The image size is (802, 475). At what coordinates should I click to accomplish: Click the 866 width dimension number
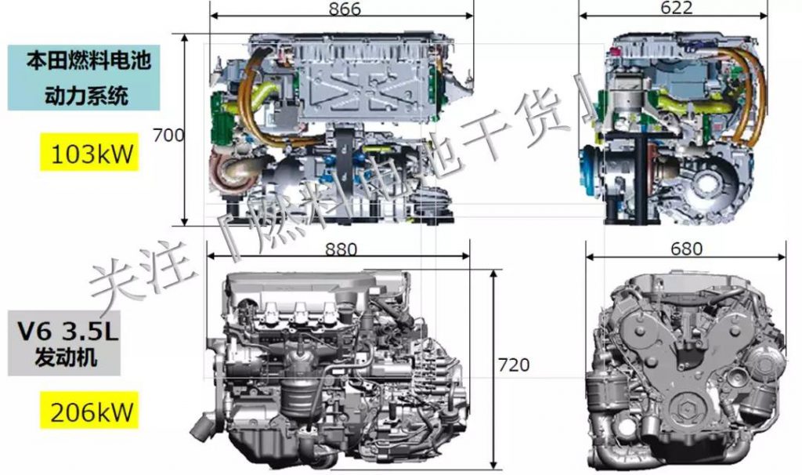345,8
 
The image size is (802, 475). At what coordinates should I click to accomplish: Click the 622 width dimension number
676,7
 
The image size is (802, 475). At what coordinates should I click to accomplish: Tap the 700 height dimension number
169,135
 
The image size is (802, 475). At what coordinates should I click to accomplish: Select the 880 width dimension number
341,249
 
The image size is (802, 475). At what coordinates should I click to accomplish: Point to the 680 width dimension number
686,248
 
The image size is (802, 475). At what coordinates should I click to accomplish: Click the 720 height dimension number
514,365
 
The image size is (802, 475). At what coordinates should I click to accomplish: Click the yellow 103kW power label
90,153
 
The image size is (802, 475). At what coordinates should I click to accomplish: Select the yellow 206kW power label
89,411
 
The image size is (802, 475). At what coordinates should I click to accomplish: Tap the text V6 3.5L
67,332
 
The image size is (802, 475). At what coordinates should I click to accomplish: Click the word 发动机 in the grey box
66,356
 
